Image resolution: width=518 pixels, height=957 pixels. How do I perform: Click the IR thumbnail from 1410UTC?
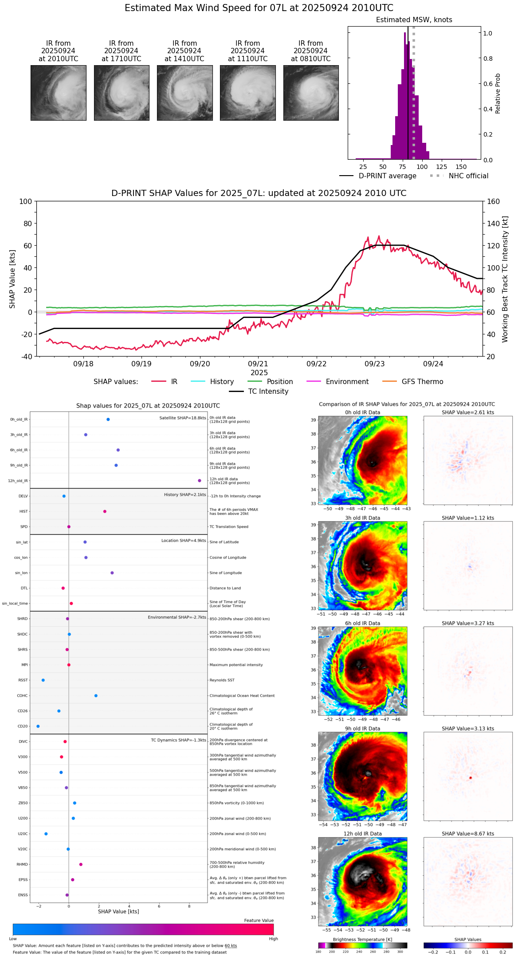coord(184,93)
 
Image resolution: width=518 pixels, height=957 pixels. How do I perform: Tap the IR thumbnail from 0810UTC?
coord(311,93)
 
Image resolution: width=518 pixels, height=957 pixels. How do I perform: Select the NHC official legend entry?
coord(468,176)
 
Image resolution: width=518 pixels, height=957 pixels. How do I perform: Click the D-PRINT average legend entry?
coord(387,176)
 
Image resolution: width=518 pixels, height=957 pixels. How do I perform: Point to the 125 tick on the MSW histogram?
coord(442,167)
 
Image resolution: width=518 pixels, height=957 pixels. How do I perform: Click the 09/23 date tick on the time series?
coord(375,364)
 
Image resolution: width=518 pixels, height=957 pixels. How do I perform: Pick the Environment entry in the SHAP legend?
coord(347,382)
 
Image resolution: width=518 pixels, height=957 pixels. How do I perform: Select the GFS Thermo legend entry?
coord(422,382)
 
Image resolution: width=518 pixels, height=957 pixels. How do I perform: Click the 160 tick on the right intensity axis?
coord(494,202)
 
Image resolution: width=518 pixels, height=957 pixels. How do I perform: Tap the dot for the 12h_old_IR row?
coord(200,481)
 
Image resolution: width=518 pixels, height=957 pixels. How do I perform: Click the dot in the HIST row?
coord(105,511)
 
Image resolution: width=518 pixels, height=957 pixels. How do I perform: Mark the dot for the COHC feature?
coord(96,695)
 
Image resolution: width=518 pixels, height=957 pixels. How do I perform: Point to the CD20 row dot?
coord(38,726)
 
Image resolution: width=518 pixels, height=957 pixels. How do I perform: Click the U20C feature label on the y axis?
coord(23,834)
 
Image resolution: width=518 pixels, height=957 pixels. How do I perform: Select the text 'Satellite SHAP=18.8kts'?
coord(182,418)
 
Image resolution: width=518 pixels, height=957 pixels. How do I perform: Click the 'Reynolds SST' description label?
coord(222,680)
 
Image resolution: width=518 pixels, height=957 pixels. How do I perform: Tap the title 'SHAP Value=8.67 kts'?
coord(468,834)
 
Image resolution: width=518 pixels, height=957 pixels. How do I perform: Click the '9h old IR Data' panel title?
coord(362,729)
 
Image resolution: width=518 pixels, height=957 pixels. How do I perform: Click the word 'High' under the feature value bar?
coord(273,938)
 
